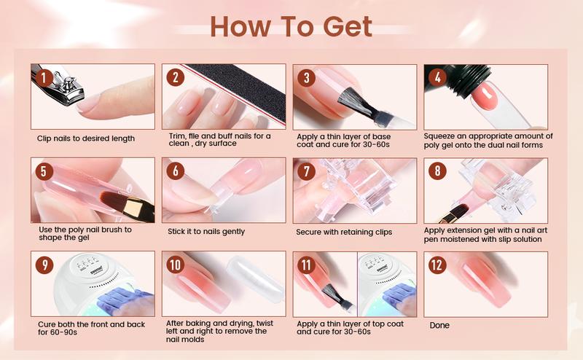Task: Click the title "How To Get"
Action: [291, 26]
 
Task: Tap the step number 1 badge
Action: [44, 77]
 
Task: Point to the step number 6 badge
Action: [175, 171]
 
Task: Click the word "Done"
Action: [439, 325]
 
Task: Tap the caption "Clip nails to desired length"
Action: [86, 138]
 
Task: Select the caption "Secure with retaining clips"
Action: [345, 232]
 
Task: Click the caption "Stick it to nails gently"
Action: [206, 232]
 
